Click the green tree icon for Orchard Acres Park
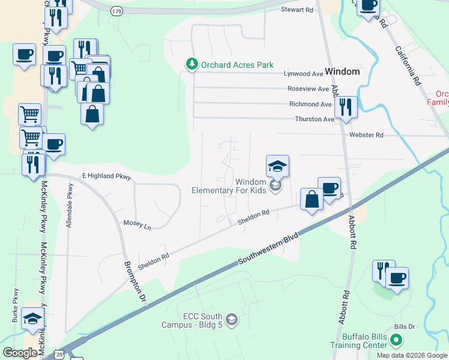coord(191,64)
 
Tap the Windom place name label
coord(342,71)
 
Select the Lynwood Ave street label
coord(303,74)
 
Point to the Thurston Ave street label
coord(315,119)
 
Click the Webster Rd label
coord(367,136)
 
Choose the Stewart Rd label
coord(298,10)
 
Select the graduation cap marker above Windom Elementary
coord(278,166)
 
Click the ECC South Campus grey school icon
coord(232,320)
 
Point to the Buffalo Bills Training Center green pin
coord(395,341)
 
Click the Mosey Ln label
coord(137,224)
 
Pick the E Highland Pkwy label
coord(106,177)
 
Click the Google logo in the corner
coord(20,353)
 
